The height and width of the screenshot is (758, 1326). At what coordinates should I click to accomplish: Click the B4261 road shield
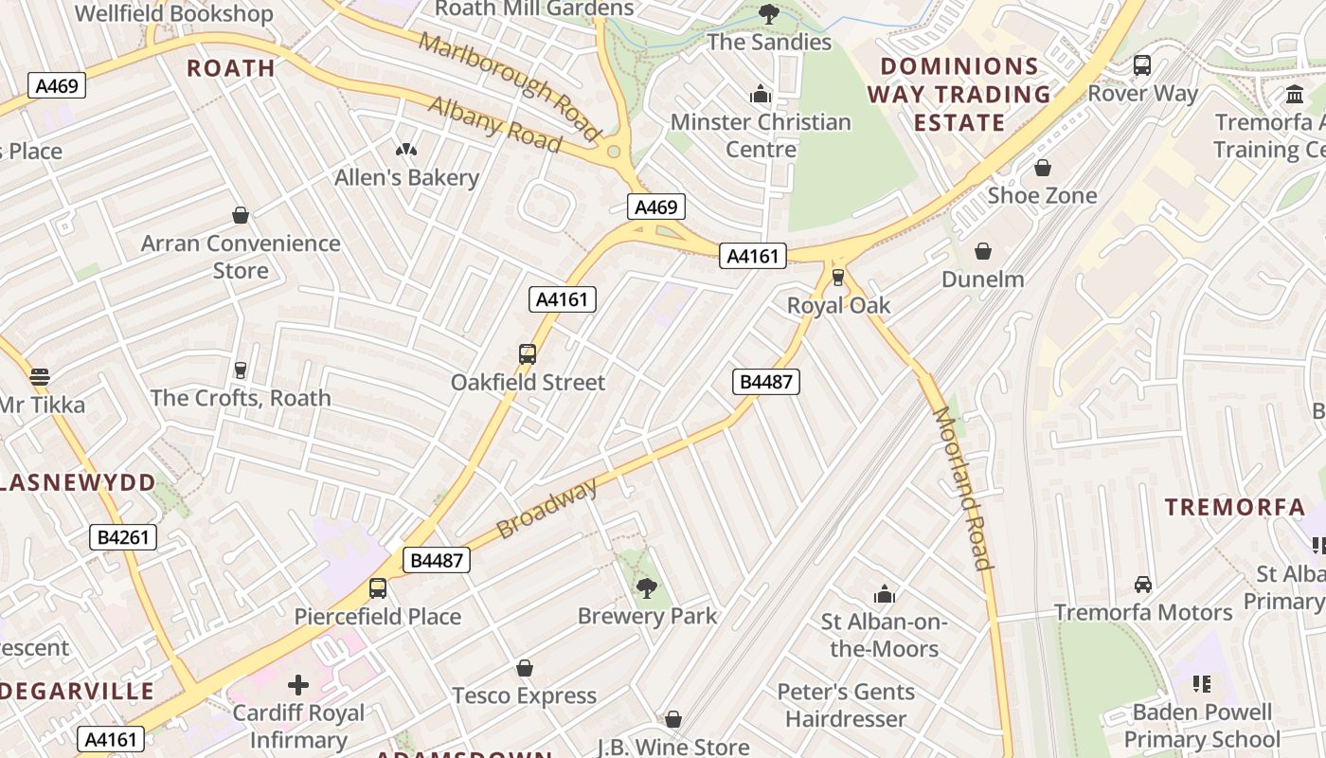pyautogui.click(x=124, y=537)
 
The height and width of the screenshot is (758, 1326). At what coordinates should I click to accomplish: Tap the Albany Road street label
pyautogui.click(x=494, y=123)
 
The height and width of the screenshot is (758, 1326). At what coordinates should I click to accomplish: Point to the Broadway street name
pyautogui.click(x=547, y=509)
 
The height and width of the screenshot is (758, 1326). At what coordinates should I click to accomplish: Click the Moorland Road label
pyautogui.click(x=962, y=487)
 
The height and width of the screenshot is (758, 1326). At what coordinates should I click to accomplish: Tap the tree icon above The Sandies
pyautogui.click(x=769, y=14)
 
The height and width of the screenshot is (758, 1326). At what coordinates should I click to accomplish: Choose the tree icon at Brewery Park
pyautogui.click(x=647, y=588)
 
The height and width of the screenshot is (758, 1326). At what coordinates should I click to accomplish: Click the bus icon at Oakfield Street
pyautogui.click(x=528, y=354)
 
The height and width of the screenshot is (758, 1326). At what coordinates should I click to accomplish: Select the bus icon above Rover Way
pyautogui.click(x=1142, y=65)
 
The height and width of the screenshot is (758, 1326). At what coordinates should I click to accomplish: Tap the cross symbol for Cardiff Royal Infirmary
pyautogui.click(x=298, y=684)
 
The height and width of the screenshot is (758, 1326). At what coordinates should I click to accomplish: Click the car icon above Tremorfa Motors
pyautogui.click(x=1143, y=585)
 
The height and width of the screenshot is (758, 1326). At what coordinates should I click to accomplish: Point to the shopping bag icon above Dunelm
pyautogui.click(x=983, y=251)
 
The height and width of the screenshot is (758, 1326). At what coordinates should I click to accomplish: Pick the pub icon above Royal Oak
pyautogui.click(x=838, y=278)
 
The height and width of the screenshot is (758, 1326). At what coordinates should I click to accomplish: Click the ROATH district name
pyautogui.click(x=231, y=68)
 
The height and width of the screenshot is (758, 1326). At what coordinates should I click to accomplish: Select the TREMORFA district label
pyautogui.click(x=1235, y=507)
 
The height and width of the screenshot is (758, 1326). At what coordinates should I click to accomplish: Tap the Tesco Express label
pyautogui.click(x=525, y=695)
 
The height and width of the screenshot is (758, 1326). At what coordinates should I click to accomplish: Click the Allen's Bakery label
pyautogui.click(x=406, y=177)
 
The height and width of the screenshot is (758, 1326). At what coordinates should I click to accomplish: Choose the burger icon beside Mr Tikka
pyautogui.click(x=40, y=376)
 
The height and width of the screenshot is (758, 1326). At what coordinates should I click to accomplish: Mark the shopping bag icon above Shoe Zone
pyautogui.click(x=1042, y=168)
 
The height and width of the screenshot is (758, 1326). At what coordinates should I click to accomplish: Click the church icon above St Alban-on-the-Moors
pyautogui.click(x=885, y=594)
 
